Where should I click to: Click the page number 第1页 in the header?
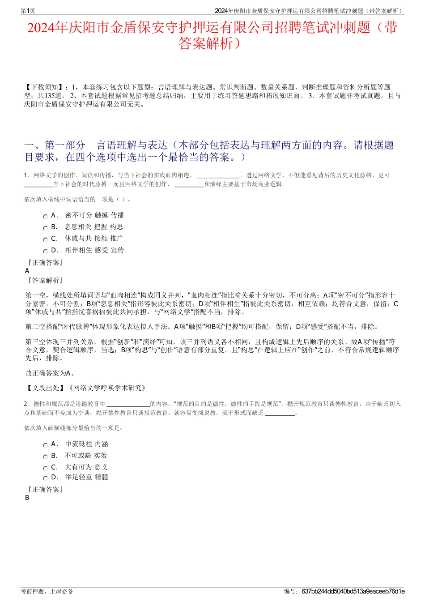[28, 11]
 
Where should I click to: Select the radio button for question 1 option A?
[45, 216]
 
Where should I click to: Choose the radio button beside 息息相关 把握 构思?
[45, 228]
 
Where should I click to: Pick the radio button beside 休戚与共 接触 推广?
[45, 239]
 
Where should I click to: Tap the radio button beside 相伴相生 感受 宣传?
[45, 251]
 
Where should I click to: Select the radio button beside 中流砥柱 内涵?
[45, 445]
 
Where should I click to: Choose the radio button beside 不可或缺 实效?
[45, 457]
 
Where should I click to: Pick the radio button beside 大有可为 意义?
[45, 468]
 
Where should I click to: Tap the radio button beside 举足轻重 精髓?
[45, 478]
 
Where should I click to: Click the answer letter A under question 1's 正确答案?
[27, 271]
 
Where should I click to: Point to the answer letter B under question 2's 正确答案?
[27, 498]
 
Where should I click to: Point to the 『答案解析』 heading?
[45, 281]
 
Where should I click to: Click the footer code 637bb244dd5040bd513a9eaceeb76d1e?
[353, 591]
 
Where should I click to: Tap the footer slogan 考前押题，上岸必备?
[47, 591]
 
